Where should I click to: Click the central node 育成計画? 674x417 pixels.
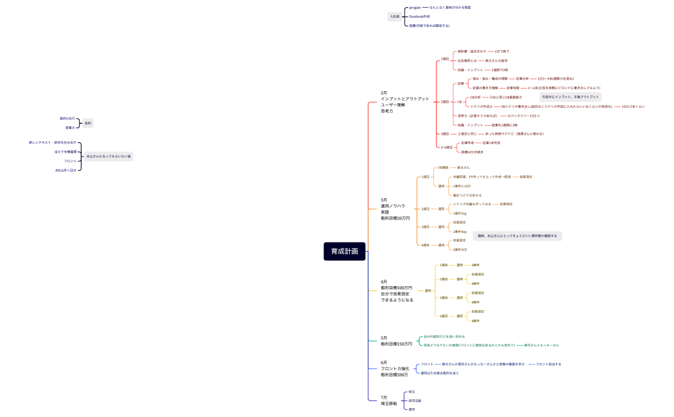[345, 251]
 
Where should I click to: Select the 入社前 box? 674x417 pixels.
[394, 17]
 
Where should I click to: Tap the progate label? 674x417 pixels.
[415, 7]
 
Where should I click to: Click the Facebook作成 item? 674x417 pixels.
[419, 17]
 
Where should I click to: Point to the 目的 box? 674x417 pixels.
[87, 123]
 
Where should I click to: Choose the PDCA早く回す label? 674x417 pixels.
[65, 170]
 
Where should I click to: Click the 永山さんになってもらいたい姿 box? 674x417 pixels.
[108, 156]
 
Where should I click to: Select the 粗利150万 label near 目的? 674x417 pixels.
[67, 119]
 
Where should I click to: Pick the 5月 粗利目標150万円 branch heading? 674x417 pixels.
[396, 341]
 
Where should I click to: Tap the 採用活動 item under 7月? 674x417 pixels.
[415, 400]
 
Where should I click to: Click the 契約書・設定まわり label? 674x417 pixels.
[471, 51]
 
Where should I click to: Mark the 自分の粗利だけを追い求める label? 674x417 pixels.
[444, 336]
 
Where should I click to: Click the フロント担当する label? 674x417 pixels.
[548, 364]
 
